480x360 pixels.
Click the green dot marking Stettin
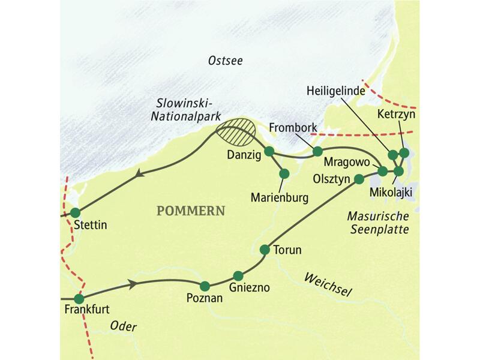click(75, 212)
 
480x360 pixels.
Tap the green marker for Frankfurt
click(79, 299)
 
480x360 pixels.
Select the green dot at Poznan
click(205, 286)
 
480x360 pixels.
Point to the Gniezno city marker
click(238, 276)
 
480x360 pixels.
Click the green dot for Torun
click(265, 249)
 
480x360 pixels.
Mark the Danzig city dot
click(269, 151)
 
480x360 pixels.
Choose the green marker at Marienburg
click(284, 173)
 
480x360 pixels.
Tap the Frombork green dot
click(317, 151)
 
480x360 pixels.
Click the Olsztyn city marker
click(359, 178)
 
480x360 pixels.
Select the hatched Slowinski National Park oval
click(235, 132)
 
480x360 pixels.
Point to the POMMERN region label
click(190, 211)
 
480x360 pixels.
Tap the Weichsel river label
click(327, 284)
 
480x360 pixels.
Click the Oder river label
click(124, 327)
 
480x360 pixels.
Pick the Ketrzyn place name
click(396, 113)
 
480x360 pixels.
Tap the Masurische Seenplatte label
click(379, 222)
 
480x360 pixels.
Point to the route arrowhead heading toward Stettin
click(139, 174)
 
